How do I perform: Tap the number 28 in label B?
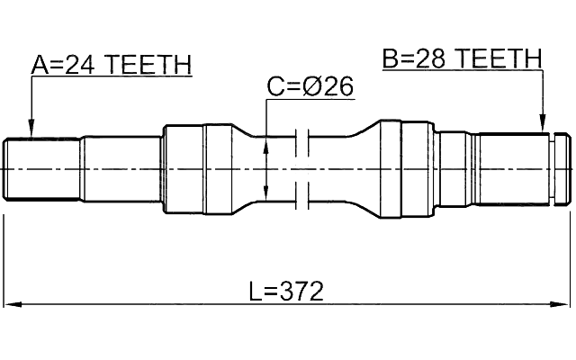tap(431, 59)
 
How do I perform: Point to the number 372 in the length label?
tap(300, 292)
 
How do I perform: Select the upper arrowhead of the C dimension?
tap(266, 145)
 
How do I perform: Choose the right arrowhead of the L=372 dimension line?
tap(566, 306)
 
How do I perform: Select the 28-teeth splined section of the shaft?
tap(513, 169)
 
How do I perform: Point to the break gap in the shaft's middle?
tap(302, 168)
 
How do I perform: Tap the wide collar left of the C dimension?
tap(184, 169)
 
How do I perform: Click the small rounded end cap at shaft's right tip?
tap(562, 169)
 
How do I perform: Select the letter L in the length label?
tap(256, 292)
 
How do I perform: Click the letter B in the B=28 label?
tap(390, 59)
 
